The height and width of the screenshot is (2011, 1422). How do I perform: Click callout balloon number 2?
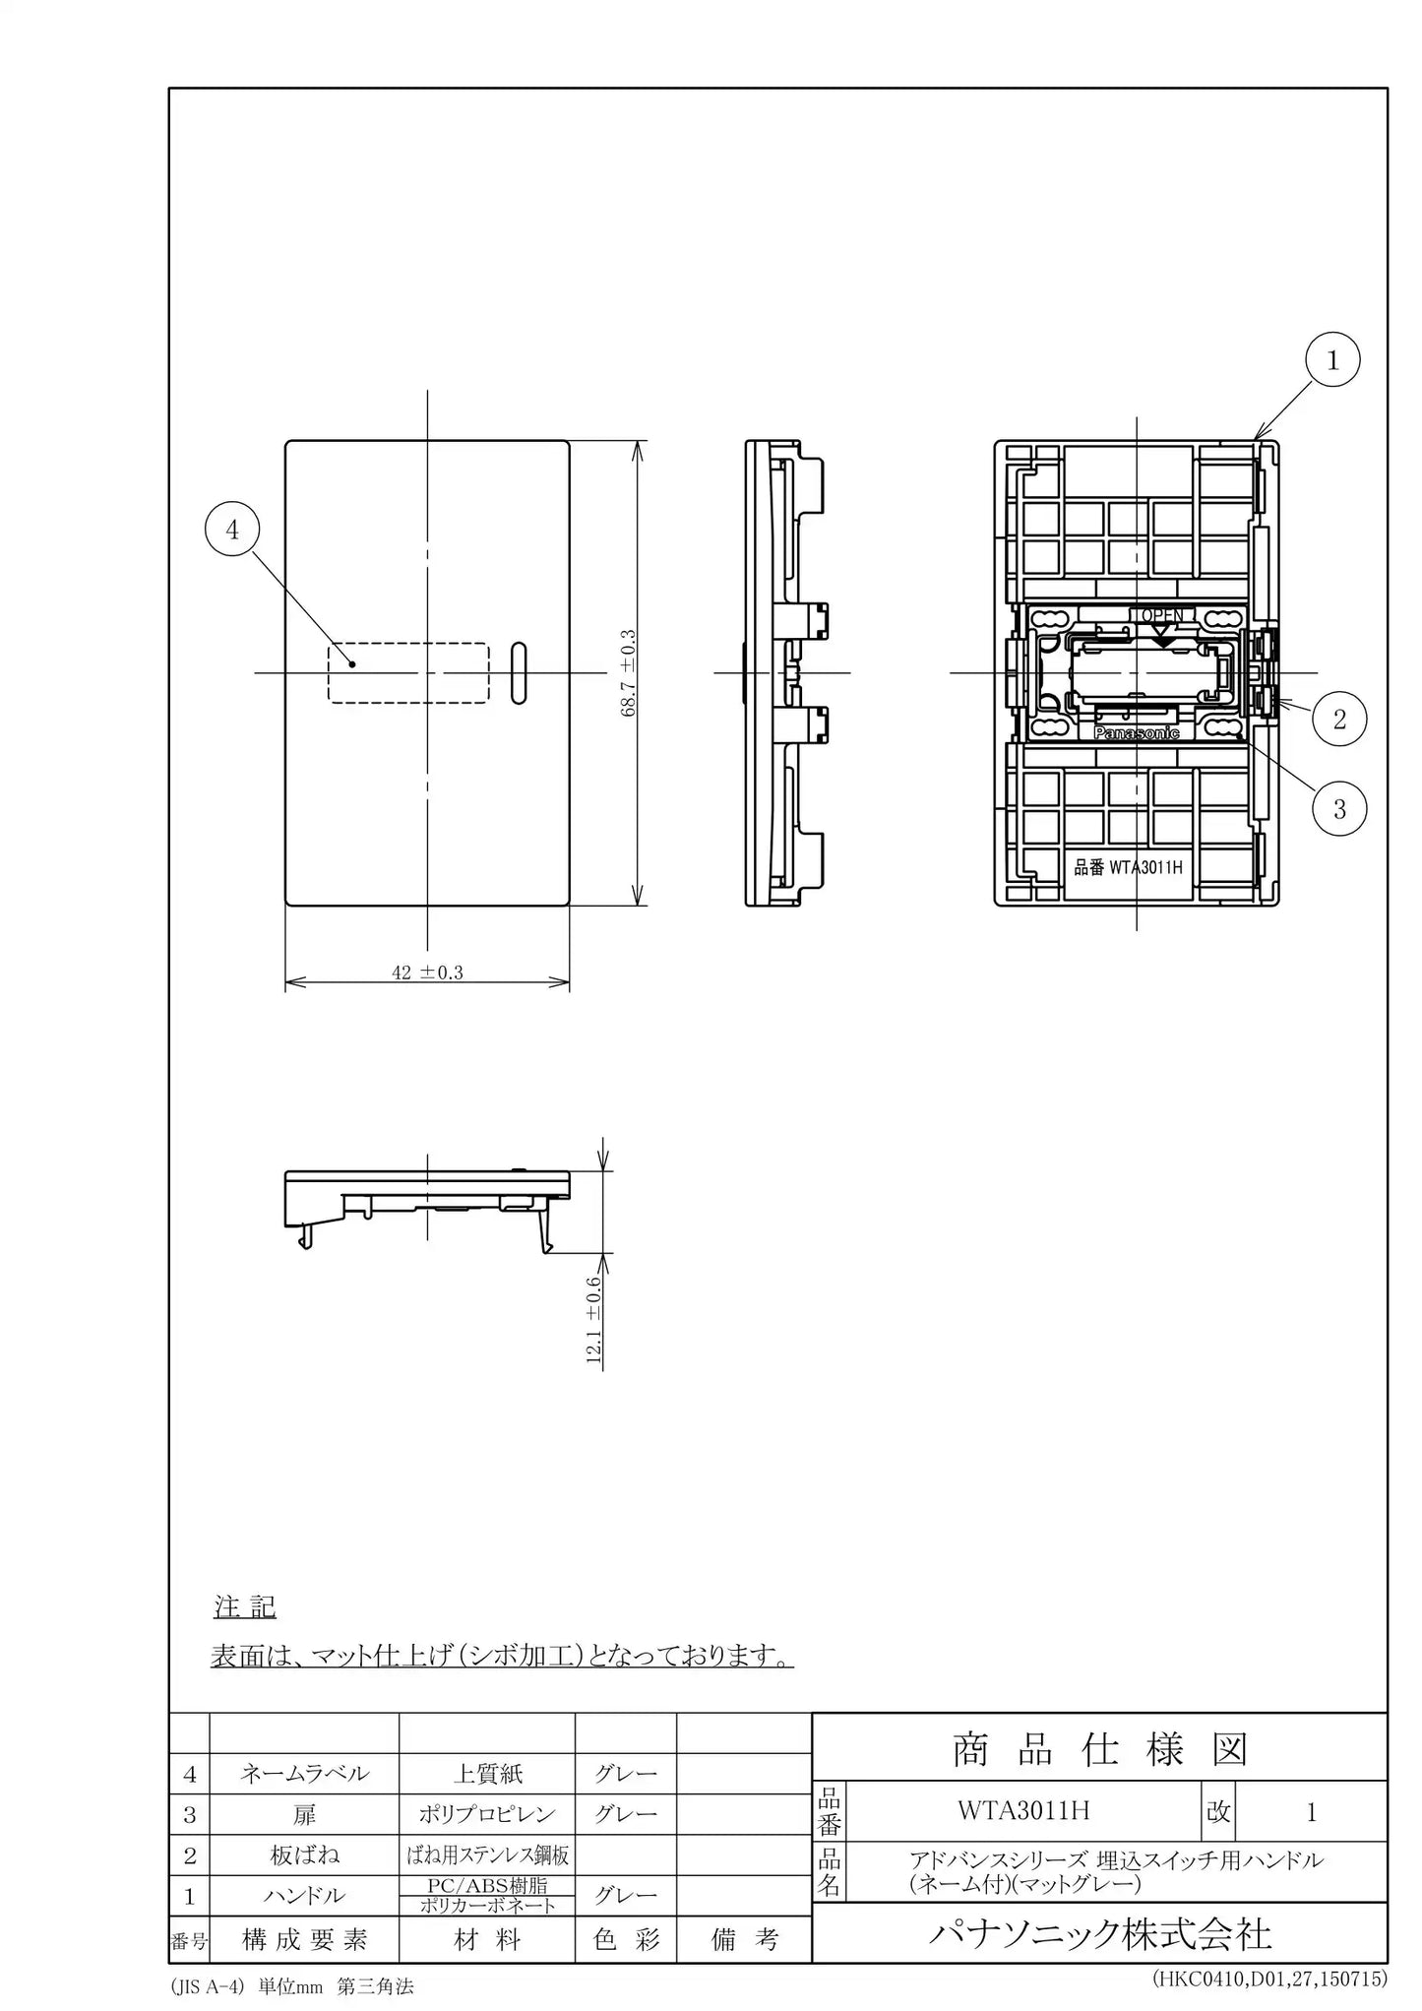tap(1338, 719)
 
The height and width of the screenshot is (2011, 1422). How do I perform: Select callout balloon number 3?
tap(1339, 809)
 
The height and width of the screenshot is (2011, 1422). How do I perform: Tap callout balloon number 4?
tap(232, 530)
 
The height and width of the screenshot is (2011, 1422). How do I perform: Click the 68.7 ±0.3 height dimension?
tap(629, 673)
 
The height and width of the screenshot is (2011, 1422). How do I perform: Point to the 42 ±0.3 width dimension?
tap(427, 973)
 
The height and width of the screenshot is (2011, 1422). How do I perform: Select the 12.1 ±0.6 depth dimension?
tap(593, 1319)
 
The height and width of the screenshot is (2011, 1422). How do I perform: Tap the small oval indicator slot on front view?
tap(519, 674)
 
